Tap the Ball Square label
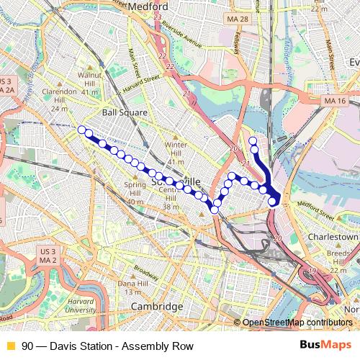point(125,112)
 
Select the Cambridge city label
point(156,307)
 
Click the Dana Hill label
point(132,287)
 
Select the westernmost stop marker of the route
point(81,130)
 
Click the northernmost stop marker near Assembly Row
point(253,140)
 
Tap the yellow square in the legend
point(10,346)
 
